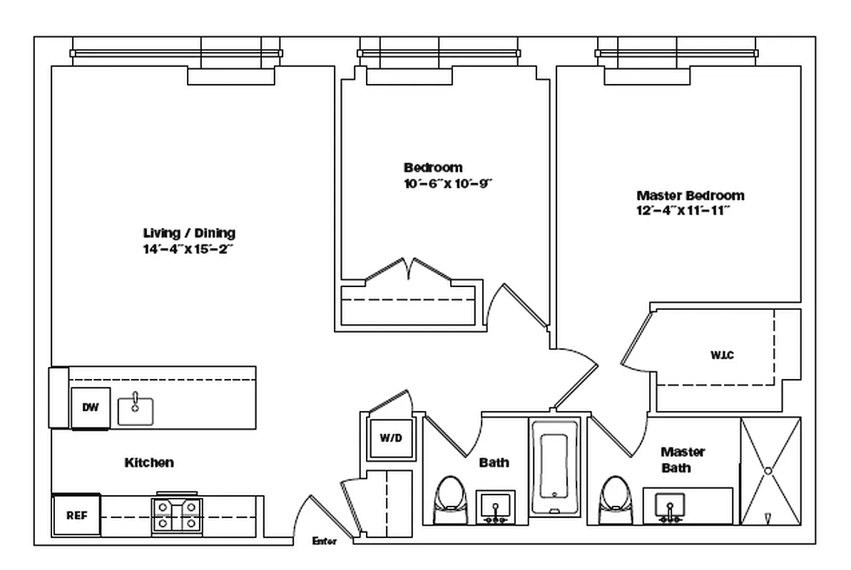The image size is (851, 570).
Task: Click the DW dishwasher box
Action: click(x=91, y=408)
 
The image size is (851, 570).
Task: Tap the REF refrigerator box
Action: click(x=76, y=515)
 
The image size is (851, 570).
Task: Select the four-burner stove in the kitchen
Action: click(x=177, y=515)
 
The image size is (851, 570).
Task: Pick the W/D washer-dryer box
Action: click(x=391, y=437)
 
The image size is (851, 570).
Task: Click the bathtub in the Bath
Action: click(x=555, y=467)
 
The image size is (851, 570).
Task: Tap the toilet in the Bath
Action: click(x=450, y=499)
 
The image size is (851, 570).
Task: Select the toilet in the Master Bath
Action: click(x=616, y=499)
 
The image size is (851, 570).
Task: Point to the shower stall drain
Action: click(x=768, y=471)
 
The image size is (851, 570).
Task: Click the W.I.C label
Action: click(x=723, y=356)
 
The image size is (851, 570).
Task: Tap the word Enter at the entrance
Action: click(x=324, y=541)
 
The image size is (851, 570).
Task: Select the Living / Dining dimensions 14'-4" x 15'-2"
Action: click(x=188, y=249)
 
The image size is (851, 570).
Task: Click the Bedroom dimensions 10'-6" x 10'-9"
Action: click(x=448, y=183)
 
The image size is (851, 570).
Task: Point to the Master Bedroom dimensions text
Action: click(x=683, y=210)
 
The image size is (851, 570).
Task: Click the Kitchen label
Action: click(x=149, y=462)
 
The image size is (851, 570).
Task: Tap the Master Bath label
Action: click(x=682, y=460)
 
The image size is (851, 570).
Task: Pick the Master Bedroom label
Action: click(x=691, y=195)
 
